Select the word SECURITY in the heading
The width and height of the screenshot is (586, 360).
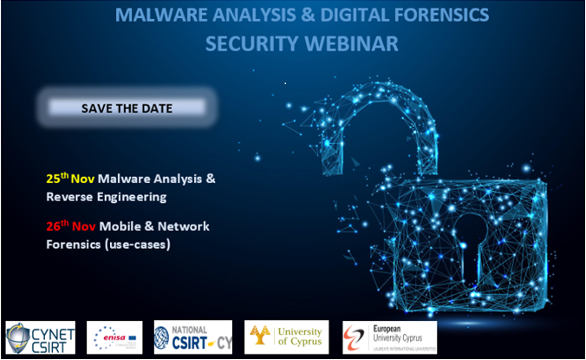[247, 43]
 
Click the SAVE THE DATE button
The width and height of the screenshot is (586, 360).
[127, 108]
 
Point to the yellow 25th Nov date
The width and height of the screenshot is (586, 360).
[70, 178]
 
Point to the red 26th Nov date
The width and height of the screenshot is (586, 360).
[70, 226]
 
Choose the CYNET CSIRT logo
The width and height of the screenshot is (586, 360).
[41, 337]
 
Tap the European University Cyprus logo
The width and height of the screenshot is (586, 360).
[389, 337]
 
